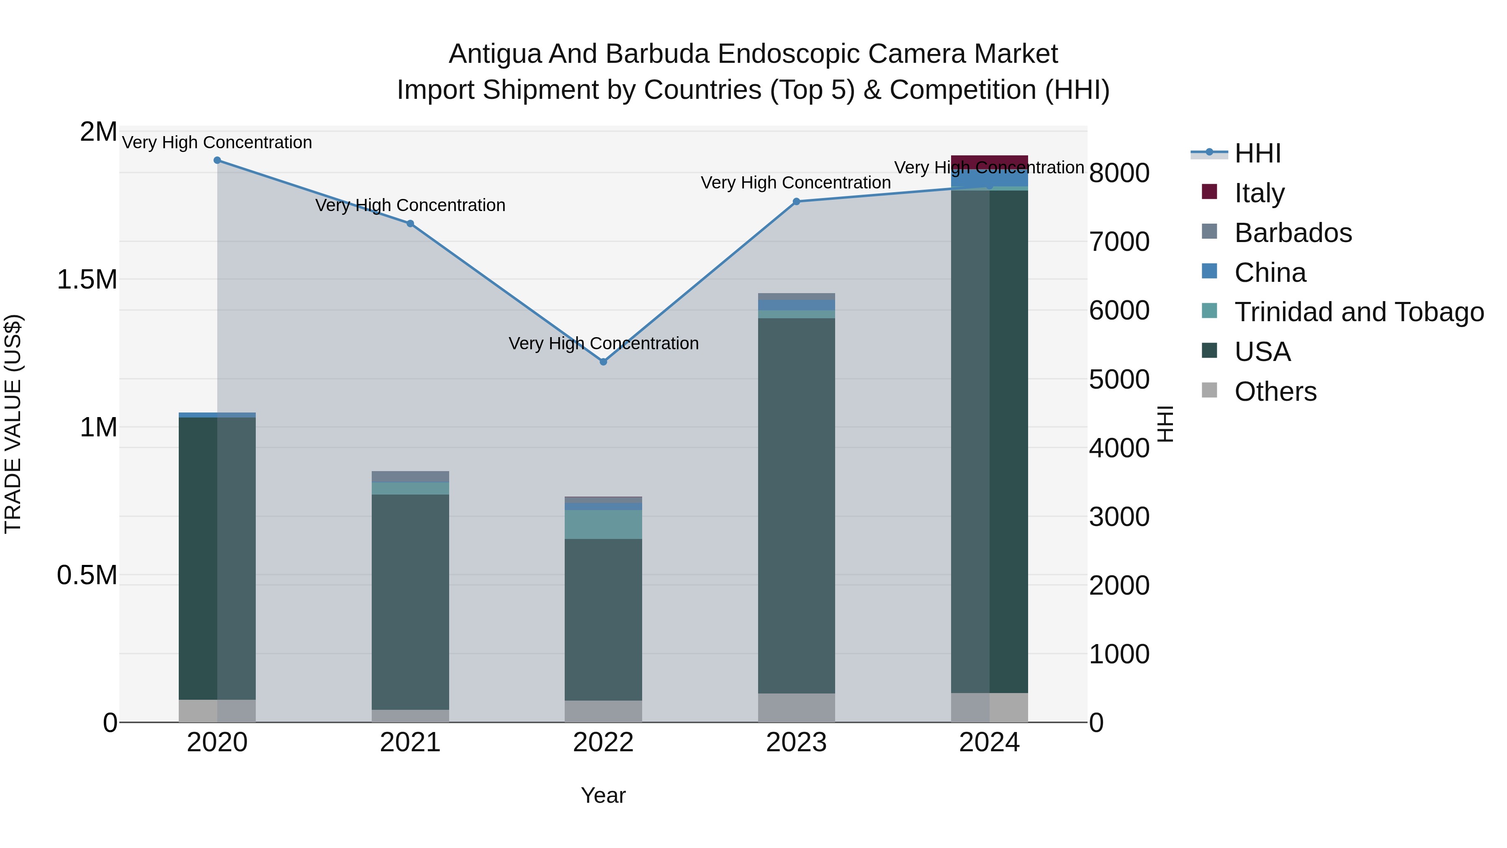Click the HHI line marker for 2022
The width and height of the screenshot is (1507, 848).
[603, 362]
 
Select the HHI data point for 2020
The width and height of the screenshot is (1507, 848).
[217, 160]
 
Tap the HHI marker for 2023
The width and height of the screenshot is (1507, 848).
[796, 202]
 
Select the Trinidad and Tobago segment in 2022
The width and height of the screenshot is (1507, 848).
[603, 524]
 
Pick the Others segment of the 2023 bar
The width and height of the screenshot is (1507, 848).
[796, 708]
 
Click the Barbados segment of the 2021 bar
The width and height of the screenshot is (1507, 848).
[410, 477]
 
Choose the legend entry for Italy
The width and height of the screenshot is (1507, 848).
[1259, 193]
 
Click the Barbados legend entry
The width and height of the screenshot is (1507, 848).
[1293, 233]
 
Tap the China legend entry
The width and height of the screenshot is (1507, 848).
[1270, 273]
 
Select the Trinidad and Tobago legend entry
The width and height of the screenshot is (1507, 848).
[1358, 312]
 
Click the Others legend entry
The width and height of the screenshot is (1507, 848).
[1276, 392]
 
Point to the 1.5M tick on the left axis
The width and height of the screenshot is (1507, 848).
[87, 280]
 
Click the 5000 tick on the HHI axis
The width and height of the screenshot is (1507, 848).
[1119, 379]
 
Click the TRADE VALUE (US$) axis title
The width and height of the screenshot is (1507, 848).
[13, 424]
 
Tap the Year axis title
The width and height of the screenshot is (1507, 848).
[603, 795]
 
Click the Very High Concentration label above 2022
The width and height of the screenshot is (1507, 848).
[603, 343]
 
